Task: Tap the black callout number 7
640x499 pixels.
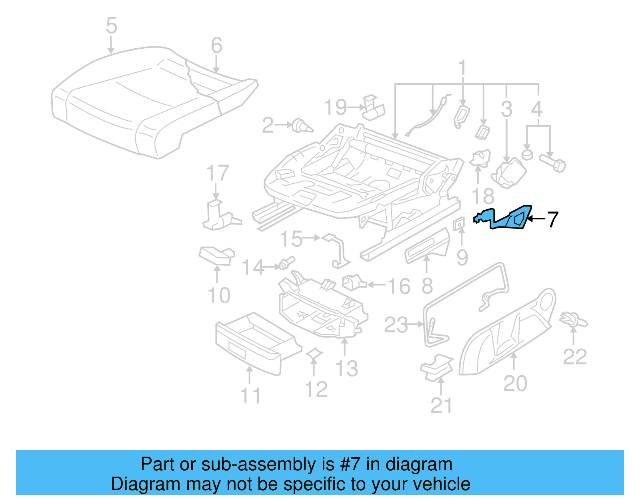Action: [552, 219]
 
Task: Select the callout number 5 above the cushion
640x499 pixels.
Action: [112, 26]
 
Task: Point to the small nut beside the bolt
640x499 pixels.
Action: [527, 154]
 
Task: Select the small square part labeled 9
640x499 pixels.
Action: [459, 224]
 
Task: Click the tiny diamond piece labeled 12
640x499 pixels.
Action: [314, 353]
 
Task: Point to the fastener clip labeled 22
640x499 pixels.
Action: [574, 320]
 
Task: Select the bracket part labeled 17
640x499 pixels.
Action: [219, 216]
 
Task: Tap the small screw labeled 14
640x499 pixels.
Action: [287, 263]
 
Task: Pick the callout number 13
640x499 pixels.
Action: [346, 368]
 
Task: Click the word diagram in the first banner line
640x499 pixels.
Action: [419, 465]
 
